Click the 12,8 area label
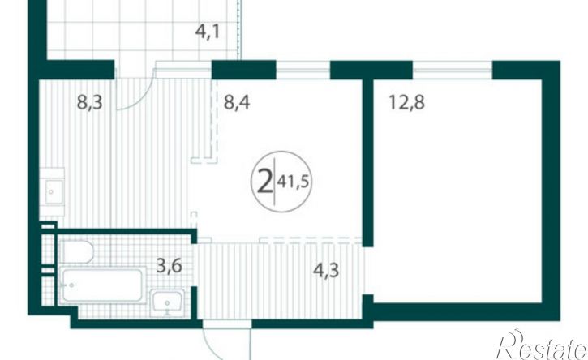point(407,102)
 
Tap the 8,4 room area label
point(237,102)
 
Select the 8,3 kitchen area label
point(90,102)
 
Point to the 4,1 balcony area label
point(207,32)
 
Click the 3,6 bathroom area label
point(170,266)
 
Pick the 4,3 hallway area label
point(326,270)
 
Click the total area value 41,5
point(293,182)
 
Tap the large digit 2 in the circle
point(264,181)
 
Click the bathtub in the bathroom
point(102,285)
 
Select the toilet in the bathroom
point(76,251)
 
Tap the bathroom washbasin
point(168,302)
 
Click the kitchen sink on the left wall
point(54,192)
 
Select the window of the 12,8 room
point(453,70)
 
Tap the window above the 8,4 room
point(303,70)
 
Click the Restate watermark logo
point(542,345)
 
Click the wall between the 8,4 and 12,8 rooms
point(367,163)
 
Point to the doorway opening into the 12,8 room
point(367,271)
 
